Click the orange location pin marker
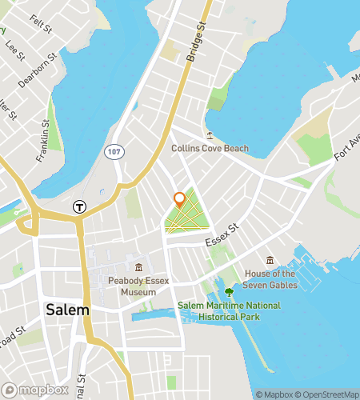click(180, 200)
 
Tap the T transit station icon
click(79, 206)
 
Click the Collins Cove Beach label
click(210, 148)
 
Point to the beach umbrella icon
click(210, 134)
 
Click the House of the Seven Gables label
click(270, 278)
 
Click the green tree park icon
click(230, 292)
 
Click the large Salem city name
click(67, 310)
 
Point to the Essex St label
click(222, 236)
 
